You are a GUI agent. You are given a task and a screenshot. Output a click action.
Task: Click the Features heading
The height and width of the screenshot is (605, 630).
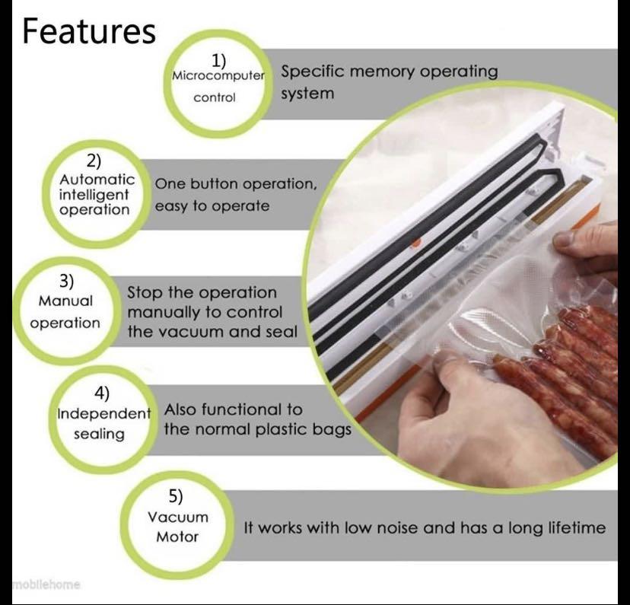89,31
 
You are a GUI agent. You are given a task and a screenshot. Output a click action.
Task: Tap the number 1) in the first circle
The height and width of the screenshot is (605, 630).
218,59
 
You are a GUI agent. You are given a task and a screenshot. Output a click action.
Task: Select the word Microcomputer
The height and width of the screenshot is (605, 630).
218,76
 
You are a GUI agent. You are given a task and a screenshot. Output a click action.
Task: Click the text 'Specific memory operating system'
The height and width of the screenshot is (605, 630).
389,82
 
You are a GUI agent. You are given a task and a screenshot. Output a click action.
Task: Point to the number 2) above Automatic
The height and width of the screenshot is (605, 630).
94,161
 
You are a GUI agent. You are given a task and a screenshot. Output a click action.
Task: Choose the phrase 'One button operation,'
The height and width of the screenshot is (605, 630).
235,183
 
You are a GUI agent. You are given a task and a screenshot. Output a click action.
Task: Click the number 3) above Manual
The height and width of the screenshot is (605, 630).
67,281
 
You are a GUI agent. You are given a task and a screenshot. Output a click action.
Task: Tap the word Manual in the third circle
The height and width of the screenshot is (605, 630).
65,301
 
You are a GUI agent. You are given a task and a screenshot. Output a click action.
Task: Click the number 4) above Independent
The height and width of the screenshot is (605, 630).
102,393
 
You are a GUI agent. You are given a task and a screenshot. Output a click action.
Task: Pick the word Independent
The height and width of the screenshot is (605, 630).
104,414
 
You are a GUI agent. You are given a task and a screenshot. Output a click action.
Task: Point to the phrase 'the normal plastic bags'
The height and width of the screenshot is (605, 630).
257,430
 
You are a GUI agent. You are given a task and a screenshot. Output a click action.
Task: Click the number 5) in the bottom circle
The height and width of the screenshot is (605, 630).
176,497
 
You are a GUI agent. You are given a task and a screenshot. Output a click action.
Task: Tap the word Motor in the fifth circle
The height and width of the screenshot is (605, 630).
177,537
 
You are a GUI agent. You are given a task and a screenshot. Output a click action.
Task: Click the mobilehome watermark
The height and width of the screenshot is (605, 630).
46,584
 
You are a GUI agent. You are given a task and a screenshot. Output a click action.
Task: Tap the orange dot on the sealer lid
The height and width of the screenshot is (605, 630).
415,244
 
